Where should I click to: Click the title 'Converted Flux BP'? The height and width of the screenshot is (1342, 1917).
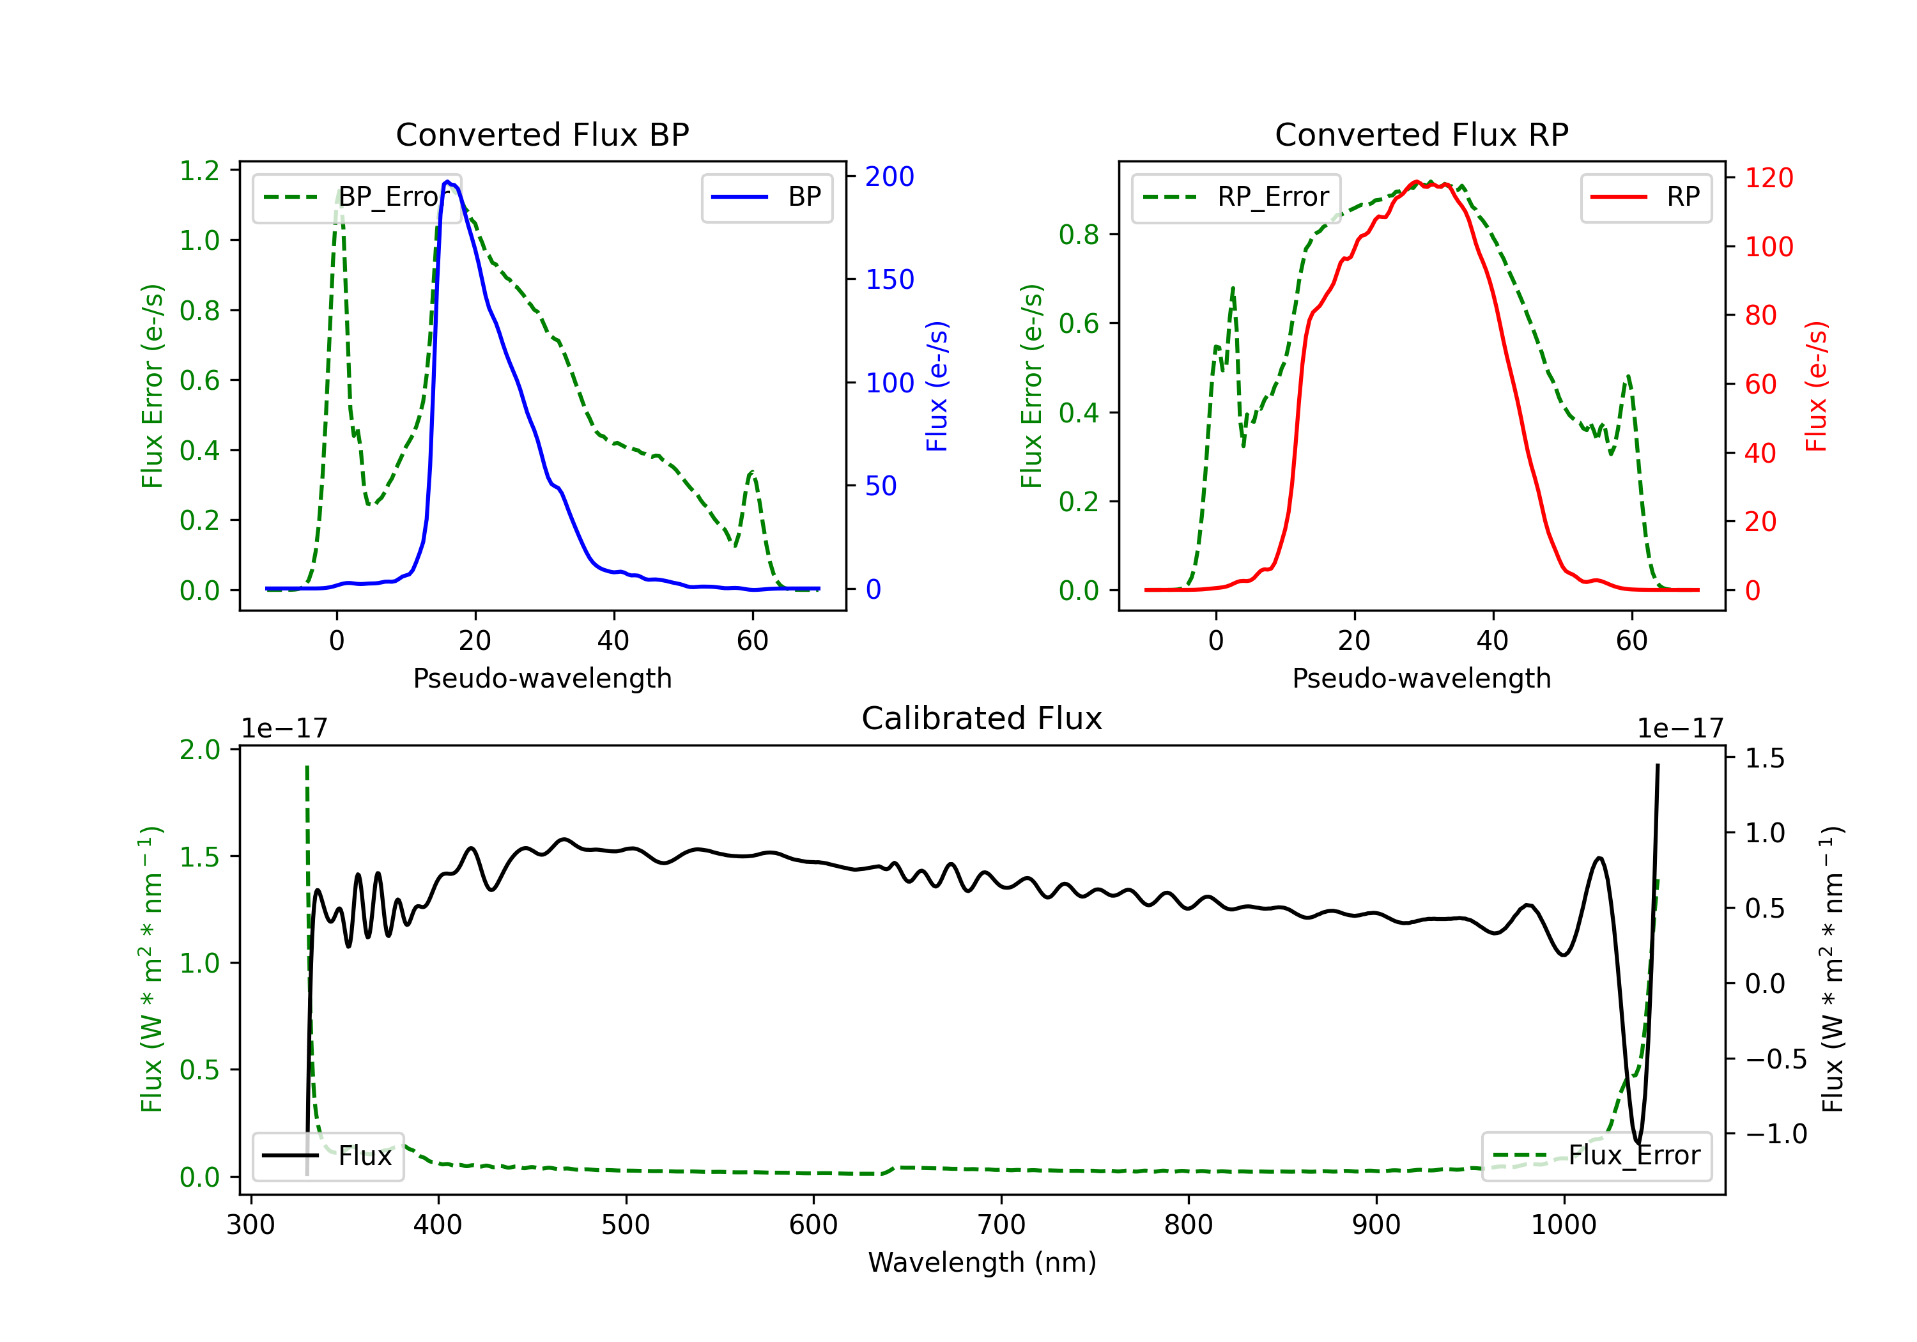(x=542, y=134)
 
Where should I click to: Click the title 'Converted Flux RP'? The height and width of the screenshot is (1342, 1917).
(x=1421, y=134)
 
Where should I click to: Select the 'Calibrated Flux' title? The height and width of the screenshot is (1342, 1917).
(x=982, y=718)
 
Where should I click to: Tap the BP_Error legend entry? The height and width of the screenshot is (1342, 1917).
(x=357, y=197)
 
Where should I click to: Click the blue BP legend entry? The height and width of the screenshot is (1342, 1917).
(x=766, y=197)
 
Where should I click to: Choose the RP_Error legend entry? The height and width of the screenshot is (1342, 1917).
(x=1236, y=197)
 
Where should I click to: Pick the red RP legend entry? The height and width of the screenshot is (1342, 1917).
(x=1645, y=197)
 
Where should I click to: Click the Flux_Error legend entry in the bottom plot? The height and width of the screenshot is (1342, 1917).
(x=1596, y=1156)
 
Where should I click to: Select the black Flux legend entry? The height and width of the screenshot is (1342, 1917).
(x=327, y=1156)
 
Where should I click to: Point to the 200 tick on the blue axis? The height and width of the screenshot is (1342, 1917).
(x=889, y=176)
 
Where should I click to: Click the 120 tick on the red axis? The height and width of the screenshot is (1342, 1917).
(x=1768, y=178)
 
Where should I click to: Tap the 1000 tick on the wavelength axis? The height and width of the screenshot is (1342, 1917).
(x=1564, y=1225)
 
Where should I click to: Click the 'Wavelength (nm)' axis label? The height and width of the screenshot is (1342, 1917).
(x=982, y=1263)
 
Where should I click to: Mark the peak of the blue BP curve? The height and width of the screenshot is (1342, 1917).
(x=447, y=181)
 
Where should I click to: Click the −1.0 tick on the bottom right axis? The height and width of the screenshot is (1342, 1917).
(x=1775, y=1134)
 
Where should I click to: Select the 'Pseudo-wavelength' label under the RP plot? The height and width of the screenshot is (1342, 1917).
(x=1421, y=678)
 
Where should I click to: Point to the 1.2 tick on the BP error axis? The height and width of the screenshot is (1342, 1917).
(x=199, y=171)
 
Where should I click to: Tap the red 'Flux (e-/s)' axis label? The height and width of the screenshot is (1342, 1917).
(x=1816, y=387)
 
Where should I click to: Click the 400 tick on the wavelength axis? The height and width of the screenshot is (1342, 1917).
(x=438, y=1225)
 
